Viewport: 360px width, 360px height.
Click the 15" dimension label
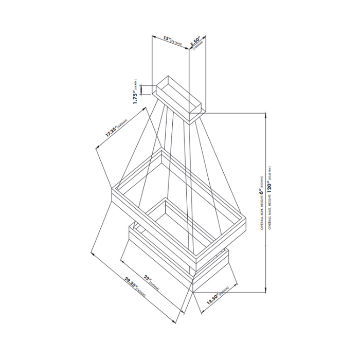[166, 39]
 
